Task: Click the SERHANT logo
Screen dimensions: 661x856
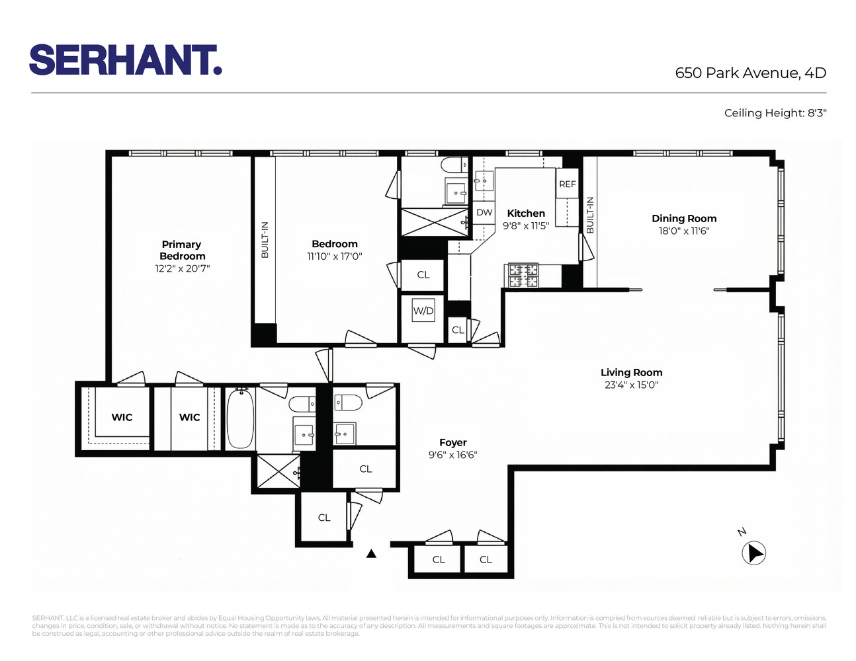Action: pos(125,60)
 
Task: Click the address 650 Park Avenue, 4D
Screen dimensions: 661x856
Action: pos(750,73)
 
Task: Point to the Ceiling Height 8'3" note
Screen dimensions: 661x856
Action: pos(775,113)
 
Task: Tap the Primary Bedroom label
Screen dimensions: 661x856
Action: pos(182,250)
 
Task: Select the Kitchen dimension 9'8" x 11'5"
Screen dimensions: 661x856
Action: pos(526,226)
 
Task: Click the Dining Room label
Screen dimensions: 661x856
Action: pos(684,219)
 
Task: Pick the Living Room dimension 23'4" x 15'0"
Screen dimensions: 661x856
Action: pos(631,385)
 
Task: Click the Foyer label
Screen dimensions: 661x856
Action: pos(453,443)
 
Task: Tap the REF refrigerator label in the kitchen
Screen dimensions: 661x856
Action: pos(568,184)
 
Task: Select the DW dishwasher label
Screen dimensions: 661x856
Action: pos(484,213)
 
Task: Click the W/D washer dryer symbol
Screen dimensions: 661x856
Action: pos(423,311)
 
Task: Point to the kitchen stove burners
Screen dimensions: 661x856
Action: pos(523,275)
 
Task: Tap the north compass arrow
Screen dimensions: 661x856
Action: pos(754,553)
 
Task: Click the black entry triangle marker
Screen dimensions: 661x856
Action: pos(372,554)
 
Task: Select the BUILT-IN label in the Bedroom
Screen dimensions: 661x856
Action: pos(265,239)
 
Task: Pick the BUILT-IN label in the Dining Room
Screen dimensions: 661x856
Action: pos(590,215)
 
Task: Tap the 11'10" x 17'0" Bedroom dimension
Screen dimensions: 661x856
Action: pos(335,256)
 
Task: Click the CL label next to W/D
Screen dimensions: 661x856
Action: pos(458,330)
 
